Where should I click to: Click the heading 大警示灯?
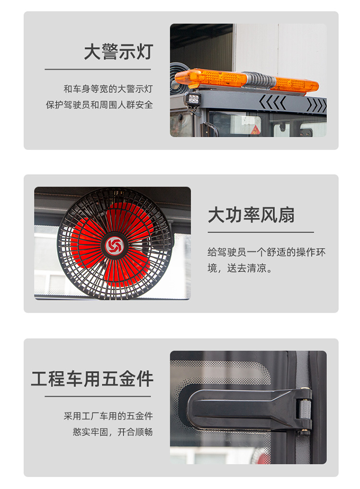[x=119, y=52]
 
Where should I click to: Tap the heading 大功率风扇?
[x=251, y=215]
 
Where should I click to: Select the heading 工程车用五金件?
[x=92, y=379]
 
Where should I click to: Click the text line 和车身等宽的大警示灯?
[x=108, y=89]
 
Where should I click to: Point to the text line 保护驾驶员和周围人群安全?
[x=99, y=105]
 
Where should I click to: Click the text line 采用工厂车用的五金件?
[x=108, y=416]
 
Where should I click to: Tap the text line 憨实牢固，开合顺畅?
[x=113, y=432]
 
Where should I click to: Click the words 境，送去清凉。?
[x=240, y=268]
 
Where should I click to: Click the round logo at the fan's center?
[x=114, y=246]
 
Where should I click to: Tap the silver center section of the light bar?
[x=259, y=80]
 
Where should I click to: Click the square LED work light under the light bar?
[x=193, y=99]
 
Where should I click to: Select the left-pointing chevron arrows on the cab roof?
[x=272, y=103]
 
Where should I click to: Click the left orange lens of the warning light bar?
[x=211, y=78]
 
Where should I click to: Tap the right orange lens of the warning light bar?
[x=295, y=84]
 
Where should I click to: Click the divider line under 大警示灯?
[x=97, y=69]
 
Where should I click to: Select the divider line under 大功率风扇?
[x=261, y=232]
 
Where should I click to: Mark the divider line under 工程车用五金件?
[x=97, y=396]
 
